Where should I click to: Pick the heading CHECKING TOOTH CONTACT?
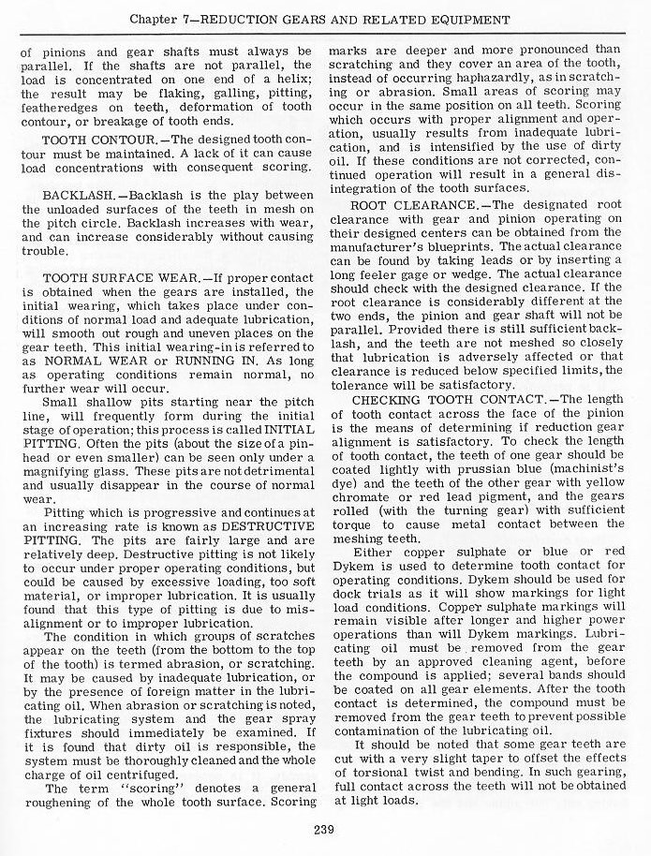click(434, 400)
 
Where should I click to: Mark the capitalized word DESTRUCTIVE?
click(257, 528)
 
